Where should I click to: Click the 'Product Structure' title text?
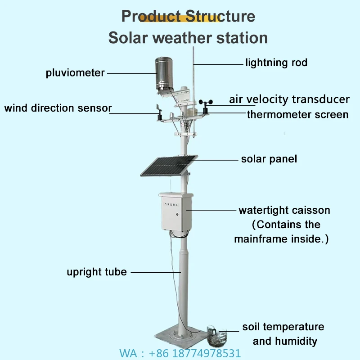188,16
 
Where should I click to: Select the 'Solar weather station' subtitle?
188,37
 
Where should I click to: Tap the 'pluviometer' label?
75,72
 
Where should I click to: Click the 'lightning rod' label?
276,63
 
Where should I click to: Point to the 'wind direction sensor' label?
58,108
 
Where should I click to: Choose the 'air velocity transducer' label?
289,99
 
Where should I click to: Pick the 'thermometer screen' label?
297,114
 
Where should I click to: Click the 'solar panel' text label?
269,159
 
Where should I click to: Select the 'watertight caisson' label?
284,210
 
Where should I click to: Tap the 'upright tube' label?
97,272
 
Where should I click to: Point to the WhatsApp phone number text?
180,353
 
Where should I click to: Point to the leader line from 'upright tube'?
155,272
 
